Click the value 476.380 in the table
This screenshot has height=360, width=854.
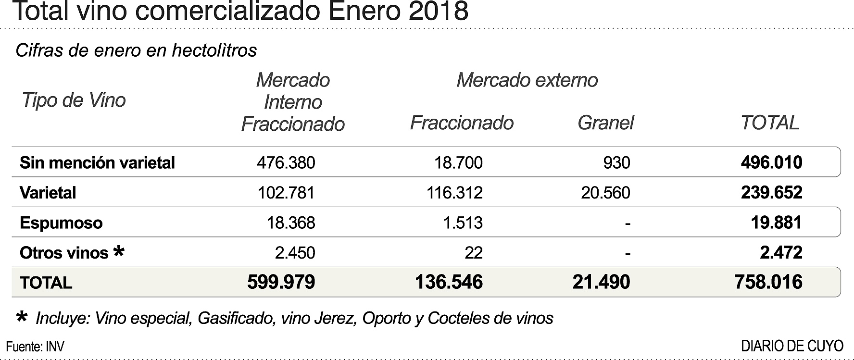[x=286, y=162]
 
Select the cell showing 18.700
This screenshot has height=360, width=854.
[x=458, y=162]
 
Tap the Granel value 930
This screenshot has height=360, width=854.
[x=616, y=162]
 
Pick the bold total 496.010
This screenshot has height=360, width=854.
[x=771, y=162]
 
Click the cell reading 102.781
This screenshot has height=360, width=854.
[x=286, y=193]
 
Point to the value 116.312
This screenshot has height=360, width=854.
[x=454, y=193]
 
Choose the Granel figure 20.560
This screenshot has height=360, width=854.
[x=605, y=193]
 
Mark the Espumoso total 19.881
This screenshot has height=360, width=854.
[x=776, y=223]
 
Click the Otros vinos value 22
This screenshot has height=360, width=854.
[x=474, y=253]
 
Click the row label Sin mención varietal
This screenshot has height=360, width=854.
[x=97, y=162]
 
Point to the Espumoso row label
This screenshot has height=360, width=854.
[x=61, y=223]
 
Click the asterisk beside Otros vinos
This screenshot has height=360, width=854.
[x=118, y=251]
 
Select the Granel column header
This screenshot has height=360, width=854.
[x=605, y=123]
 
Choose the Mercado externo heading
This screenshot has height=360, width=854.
[x=527, y=80]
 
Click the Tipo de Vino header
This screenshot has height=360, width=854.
[x=74, y=100]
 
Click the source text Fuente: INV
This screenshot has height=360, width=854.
[x=35, y=347]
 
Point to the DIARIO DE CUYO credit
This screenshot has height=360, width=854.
[x=792, y=346]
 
